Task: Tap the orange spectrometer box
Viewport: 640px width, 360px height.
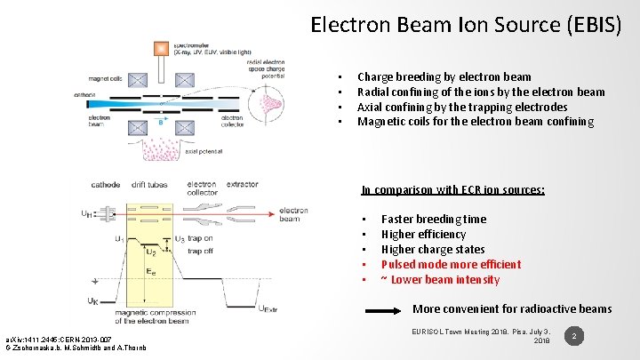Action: click(161, 48)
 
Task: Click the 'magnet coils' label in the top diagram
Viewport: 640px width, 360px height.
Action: click(106, 79)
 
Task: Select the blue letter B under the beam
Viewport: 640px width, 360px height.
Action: click(160, 123)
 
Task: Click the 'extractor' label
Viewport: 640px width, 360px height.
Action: click(242, 185)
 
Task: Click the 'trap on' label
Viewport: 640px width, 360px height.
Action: click(200, 238)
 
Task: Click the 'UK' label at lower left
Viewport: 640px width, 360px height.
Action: click(92, 300)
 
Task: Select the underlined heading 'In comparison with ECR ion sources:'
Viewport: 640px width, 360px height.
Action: click(452, 189)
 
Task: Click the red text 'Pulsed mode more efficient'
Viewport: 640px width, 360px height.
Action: click(451, 264)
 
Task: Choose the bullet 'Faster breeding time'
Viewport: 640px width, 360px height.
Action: click(434, 219)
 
